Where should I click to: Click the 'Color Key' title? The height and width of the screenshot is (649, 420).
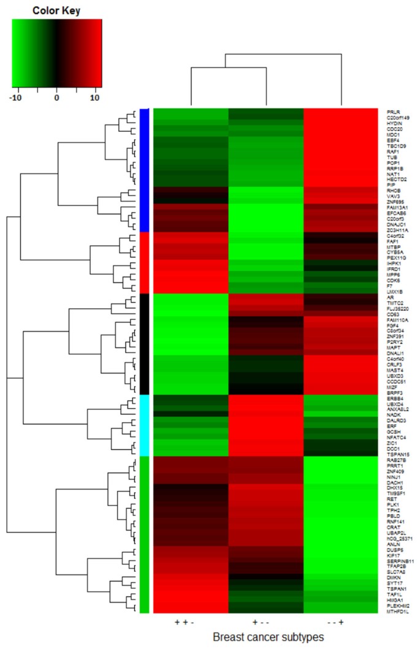pyautogui.click(x=56, y=10)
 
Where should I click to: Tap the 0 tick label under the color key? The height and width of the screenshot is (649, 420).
pyautogui.click(x=56, y=97)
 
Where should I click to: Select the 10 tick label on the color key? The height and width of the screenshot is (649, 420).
pyautogui.click(x=96, y=97)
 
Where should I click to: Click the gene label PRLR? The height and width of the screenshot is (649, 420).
pyautogui.click(x=392, y=112)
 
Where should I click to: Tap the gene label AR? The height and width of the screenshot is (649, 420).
pyautogui.click(x=389, y=295)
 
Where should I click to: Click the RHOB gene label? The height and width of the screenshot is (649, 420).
pyautogui.click(x=393, y=190)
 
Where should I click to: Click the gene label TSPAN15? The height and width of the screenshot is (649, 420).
pyautogui.click(x=395, y=453)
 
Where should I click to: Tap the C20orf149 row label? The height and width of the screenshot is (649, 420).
pyautogui.click(x=398, y=118)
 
